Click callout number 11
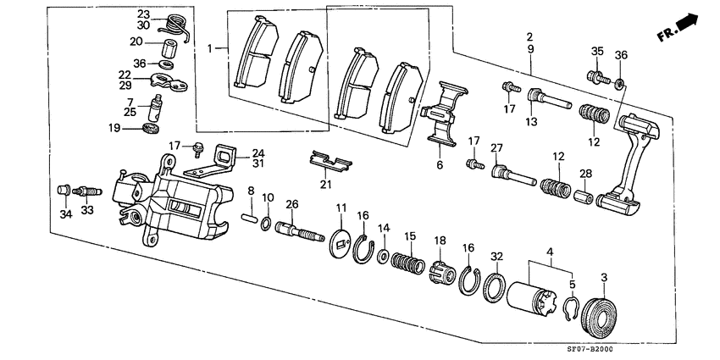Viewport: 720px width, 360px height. point(341,208)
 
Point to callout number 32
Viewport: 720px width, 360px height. point(496,255)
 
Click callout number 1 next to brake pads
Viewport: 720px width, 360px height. point(212,50)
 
